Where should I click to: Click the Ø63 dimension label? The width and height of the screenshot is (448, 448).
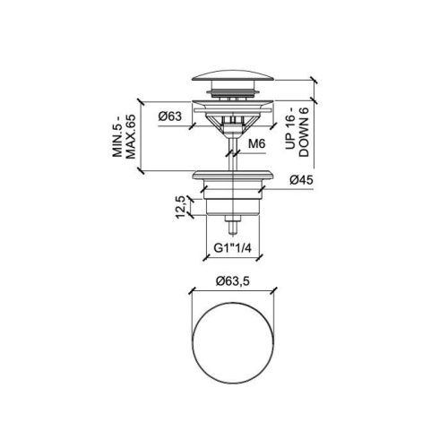point(169,116)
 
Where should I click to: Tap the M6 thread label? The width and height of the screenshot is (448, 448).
point(256,144)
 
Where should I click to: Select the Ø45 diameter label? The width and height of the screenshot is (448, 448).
point(301,180)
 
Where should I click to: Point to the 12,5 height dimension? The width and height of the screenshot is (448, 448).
point(180,207)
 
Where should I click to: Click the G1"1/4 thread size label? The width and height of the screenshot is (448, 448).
point(233,248)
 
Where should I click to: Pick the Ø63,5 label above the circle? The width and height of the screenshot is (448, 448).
point(233,281)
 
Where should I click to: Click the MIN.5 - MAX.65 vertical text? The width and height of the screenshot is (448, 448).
point(124,136)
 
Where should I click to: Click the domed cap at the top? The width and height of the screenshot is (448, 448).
point(233,75)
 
